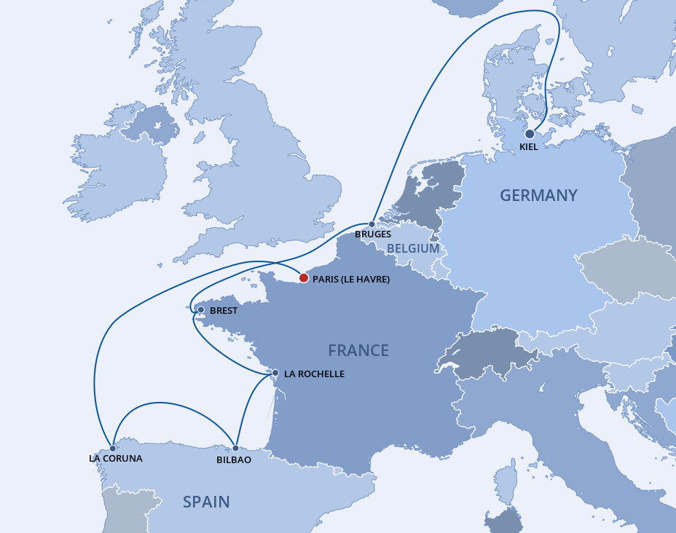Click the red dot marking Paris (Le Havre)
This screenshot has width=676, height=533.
point(304,277)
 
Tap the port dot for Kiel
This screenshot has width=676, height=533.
point(530,134)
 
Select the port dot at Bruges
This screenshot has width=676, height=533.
point(372,224)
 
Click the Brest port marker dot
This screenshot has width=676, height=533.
point(201,310)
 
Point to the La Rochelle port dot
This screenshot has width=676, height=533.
point(275,373)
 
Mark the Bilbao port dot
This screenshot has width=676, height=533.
point(235,449)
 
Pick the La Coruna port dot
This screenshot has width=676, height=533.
point(113,449)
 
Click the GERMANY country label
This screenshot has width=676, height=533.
point(538,195)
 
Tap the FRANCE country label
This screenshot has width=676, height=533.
point(358,350)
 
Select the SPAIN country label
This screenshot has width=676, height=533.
point(206,502)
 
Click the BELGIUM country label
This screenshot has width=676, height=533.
point(413,248)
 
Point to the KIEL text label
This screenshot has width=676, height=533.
point(530,148)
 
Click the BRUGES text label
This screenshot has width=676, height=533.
point(373,234)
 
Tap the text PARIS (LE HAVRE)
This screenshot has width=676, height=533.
point(350,280)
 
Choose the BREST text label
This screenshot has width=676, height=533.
point(224,311)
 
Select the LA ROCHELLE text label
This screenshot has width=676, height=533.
point(314,374)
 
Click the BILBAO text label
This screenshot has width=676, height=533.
point(234,460)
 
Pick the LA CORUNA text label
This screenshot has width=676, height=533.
point(115,459)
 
